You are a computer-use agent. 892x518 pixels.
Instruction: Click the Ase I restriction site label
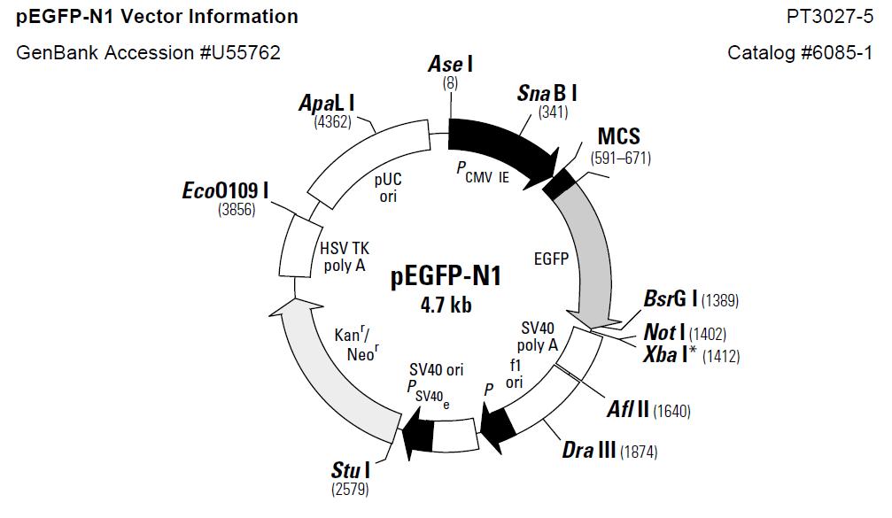click(x=451, y=64)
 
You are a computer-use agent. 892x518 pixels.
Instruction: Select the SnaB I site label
click(x=547, y=93)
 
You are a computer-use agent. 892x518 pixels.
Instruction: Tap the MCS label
click(x=619, y=136)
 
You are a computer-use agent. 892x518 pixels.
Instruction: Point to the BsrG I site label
click(x=671, y=298)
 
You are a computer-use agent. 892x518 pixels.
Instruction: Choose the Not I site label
click(x=664, y=332)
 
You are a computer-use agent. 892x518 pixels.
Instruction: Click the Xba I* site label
click(x=670, y=355)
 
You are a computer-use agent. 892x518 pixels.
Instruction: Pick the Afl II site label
click(x=628, y=409)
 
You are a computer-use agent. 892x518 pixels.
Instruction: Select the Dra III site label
click(x=589, y=450)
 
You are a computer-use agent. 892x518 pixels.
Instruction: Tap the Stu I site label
click(x=351, y=470)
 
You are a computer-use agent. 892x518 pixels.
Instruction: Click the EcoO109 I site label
click(x=225, y=190)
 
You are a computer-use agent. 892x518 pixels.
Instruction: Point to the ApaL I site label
click(x=327, y=104)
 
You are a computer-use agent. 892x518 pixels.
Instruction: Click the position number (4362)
click(x=333, y=121)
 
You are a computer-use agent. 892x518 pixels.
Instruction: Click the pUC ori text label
click(x=388, y=189)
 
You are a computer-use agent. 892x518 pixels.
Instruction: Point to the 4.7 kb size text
click(x=446, y=305)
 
